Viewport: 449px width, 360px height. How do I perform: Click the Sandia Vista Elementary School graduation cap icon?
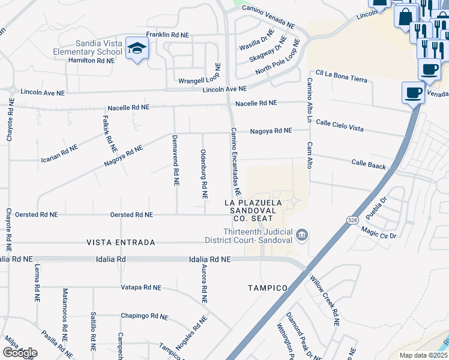(x=137, y=48)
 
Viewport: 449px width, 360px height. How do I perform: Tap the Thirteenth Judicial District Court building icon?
(x=303, y=235)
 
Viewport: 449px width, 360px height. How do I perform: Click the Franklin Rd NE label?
(x=167, y=35)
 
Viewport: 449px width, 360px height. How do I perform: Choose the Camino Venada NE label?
(x=268, y=17)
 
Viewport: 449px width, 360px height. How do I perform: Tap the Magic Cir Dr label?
(x=379, y=232)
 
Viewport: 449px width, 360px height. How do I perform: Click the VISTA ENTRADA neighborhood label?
(x=121, y=242)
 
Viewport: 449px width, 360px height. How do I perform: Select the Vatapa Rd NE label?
(x=141, y=287)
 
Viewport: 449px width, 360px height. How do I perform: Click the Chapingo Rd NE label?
(x=144, y=316)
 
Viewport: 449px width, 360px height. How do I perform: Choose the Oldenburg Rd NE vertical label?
(x=204, y=174)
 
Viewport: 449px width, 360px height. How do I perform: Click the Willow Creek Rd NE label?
(x=325, y=300)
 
